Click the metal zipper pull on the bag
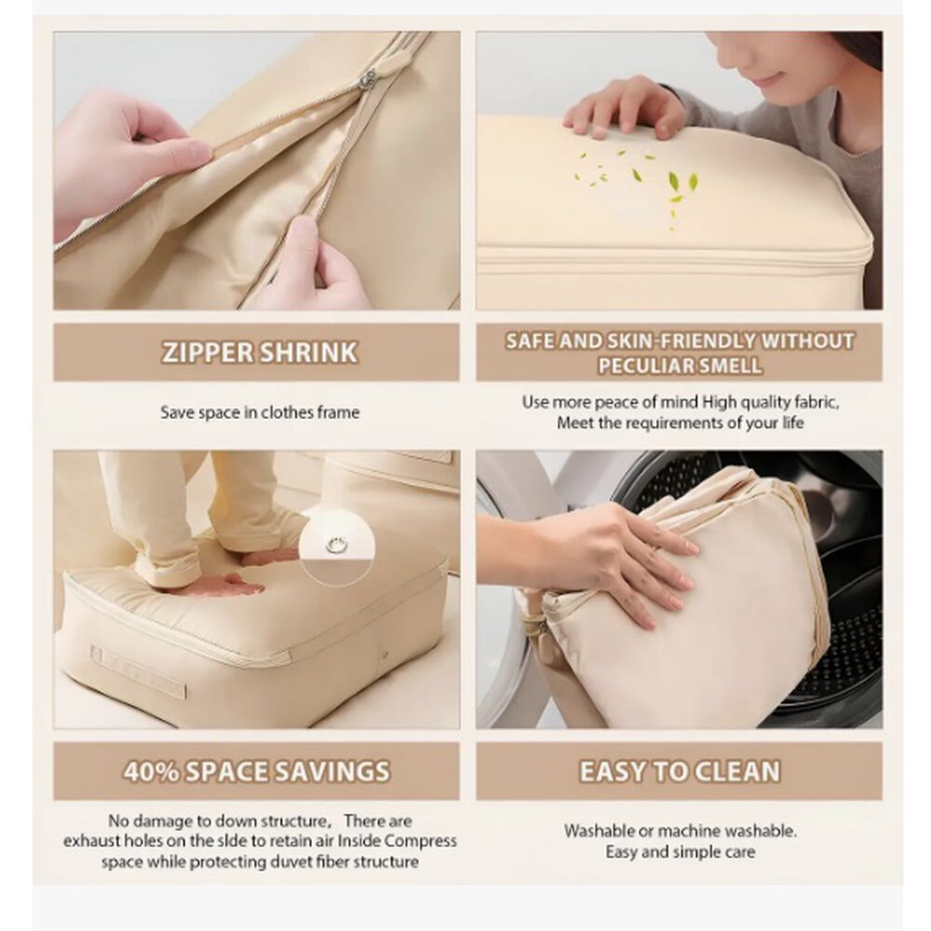pyautogui.click(x=370, y=78)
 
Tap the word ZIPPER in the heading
pyautogui.click(x=208, y=352)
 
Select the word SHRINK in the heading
pyautogui.click(x=309, y=352)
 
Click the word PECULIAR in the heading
pyautogui.click(x=638, y=365)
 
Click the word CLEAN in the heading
pyautogui.click(x=736, y=771)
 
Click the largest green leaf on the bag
pyautogui.click(x=674, y=182)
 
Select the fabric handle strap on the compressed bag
pyautogui.click(x=138, y=672)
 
